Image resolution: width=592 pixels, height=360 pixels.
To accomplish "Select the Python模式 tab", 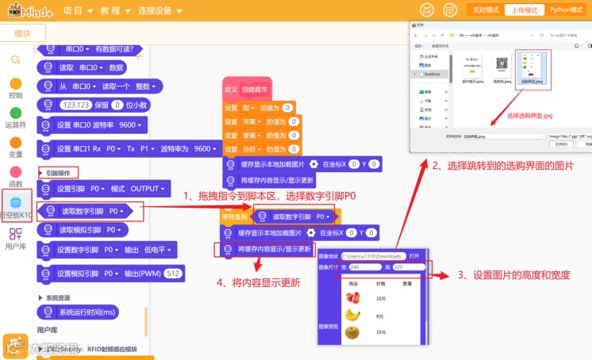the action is pos(568,10).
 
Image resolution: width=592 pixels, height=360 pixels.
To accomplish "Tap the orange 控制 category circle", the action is pos(15,84).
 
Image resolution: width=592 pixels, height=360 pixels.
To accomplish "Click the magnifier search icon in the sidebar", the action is pos(15,59).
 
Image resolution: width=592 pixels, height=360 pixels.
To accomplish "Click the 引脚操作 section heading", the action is pos(58,172).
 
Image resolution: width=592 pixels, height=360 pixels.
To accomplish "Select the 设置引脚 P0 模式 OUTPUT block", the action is pos(103,189).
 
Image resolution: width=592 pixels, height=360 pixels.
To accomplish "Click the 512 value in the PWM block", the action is pos(173,273).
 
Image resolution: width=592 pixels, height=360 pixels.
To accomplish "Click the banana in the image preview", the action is pos(352,315).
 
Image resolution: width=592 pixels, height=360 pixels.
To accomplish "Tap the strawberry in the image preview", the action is pos(352,298).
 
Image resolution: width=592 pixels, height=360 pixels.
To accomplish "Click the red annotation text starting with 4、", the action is pos(259,282).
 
